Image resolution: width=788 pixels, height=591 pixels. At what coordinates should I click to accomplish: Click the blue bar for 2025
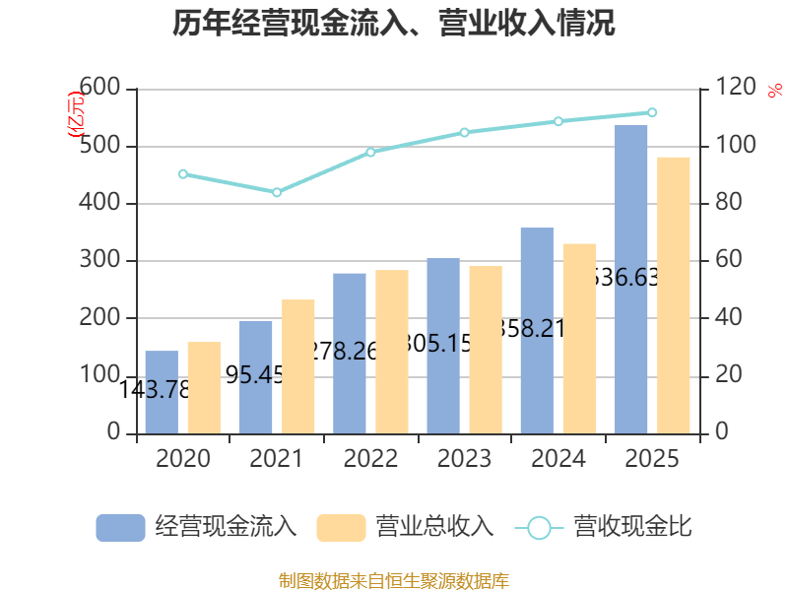tap(631, 279)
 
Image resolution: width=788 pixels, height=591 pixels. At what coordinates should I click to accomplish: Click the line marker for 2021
tap(277, 192)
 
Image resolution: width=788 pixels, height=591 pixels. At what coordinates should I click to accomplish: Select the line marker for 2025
tap(652, 112)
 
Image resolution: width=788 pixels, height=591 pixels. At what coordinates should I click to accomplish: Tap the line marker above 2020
tap(183, 174)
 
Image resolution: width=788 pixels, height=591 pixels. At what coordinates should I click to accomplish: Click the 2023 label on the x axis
tap(464, 459)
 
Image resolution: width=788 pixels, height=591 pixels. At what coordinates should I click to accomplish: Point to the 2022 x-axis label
tap(370, 459)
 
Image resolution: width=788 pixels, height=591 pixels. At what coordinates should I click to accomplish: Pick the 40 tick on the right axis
tap(724, 318)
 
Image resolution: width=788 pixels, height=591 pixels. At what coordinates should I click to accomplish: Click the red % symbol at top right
tap(773, 90)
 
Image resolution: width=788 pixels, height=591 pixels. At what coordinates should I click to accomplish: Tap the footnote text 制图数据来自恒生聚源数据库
tap(393, 580)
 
